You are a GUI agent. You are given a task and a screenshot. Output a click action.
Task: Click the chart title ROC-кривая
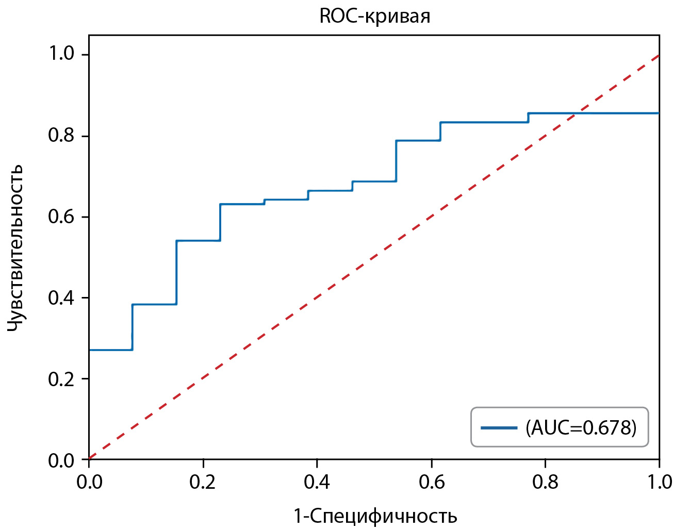click(374, 16)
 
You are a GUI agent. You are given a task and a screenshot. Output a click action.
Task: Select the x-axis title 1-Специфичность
click(375, 516)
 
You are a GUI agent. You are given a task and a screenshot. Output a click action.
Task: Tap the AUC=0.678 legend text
click(581, 427)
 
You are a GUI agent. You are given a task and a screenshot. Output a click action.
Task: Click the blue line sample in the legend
click(499, 427)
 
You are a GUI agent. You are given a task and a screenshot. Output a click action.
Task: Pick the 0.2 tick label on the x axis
click(203, 482)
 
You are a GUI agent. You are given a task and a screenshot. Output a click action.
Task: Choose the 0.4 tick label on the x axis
click(317, 482)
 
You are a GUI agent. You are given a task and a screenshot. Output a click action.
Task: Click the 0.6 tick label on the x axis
click(432, 482)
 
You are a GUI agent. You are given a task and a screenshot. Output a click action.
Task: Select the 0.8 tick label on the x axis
click(546, 482)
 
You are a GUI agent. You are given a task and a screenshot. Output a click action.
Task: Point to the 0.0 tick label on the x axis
click(89, 482)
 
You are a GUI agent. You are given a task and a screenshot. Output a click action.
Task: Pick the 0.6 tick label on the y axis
click(62, 216)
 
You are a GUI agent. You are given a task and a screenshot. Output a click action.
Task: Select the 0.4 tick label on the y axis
click(62, 297)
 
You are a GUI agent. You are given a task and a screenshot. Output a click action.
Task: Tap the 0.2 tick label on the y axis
click(62, 379)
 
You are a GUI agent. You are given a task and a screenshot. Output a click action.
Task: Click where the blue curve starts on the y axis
click(90, 350)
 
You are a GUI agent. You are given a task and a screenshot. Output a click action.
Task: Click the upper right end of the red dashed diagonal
click(659, 55)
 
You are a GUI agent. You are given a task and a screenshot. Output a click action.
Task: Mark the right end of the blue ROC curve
click(659, 113)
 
